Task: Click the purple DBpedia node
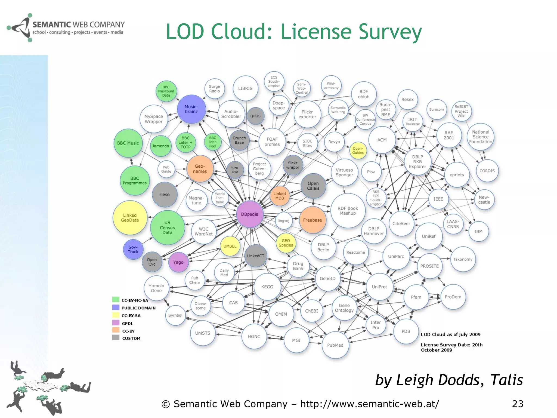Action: click(250, 214)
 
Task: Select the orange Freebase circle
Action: click(312, 220)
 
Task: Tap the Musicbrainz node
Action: click(191, 109)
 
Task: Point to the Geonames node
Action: click(200, 169)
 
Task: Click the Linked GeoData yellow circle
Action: click(130, 218)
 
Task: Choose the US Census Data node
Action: click(167, 228)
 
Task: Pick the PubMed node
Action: click(335, 345)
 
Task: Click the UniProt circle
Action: click(379, 287)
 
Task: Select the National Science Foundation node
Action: click(480, 137)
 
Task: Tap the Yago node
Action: click(178, 262)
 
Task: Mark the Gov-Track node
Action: click(133, 249)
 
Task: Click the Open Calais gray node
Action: click(313, 186)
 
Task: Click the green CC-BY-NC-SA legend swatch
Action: click(116, 300)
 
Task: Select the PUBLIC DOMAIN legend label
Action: click(138, 308)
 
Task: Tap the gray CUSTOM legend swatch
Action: click(116, 338)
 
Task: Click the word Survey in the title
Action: click(390, 32)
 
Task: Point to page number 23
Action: click(517, 404)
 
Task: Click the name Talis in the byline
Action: click(506, 380)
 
